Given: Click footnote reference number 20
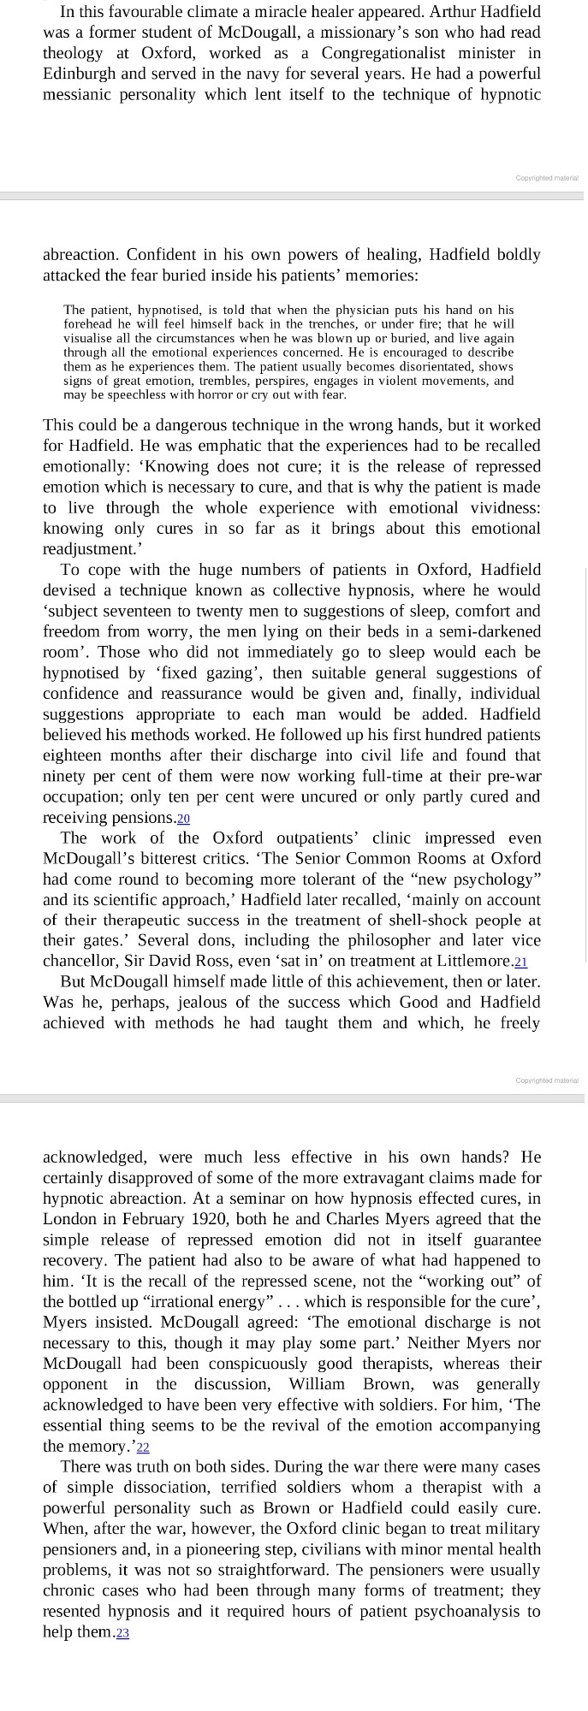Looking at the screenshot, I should tap(183, 818).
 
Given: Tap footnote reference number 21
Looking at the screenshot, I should tap(521, 962).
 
